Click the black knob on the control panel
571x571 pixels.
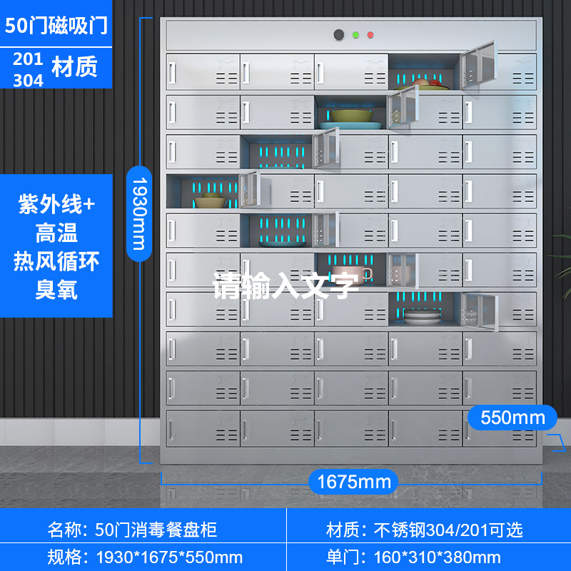coord(338,34)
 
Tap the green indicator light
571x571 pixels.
coord(355,34)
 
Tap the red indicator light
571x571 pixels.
coord(370,34)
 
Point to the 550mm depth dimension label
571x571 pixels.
coord(512,417)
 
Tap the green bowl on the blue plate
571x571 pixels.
coord(348,116)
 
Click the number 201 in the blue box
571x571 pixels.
coord(28,59)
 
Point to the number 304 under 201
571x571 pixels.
coord(28,79)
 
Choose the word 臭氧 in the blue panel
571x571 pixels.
coord(56,289)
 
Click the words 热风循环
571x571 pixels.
coord(56,261)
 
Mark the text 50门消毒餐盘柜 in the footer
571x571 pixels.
coord(156,530)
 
